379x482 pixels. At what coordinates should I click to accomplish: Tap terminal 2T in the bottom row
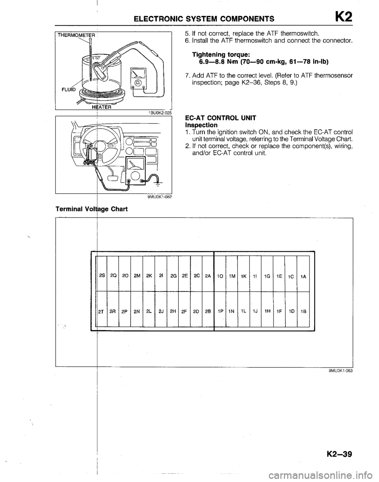[x=101, y=310]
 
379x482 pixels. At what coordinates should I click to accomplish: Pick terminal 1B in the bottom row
[x=302, y=310]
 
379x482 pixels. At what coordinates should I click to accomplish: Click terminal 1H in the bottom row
[x=267, y=310]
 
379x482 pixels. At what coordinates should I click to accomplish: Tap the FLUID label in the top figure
[x=68, y=90]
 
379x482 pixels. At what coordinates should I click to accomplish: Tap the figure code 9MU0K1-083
[x=339, y=370]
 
